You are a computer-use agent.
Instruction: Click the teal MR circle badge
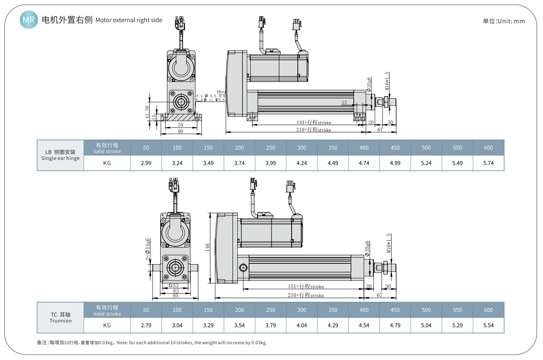pyautogui.click(x=29, y=20)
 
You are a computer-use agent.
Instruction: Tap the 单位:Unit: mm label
pyautogui.click(x=504, y=21)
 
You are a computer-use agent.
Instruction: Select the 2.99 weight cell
pyautogui.click(x=146, y=163)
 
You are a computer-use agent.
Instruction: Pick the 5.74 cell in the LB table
pyautogui.click(x=488, y=163)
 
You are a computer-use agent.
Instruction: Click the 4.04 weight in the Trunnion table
pyautogui.click(x=302, y=325)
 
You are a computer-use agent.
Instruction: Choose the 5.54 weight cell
pyautogui.click(x=488, y=325)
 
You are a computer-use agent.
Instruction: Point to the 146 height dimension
pyautogui.click(x=207, y=247)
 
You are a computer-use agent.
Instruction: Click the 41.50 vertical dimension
pyautogui.click(x=147, y=112)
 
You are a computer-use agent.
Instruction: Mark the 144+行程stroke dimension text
pyautogui.click(x=314, y=122)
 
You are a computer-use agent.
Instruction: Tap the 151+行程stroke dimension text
pyautogui.click(x=306, y=286)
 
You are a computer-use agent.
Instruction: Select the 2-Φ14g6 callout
pyautogui.click(x=148, y=249)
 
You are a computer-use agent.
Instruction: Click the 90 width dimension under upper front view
pyautogui.click(x=180, y=131)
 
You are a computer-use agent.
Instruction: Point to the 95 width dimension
pyautogui.click(x=175, y=295)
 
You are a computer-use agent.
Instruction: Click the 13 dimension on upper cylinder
pyautogui.click(x=344, y=102)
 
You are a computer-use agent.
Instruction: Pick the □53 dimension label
pyautogui.click(x=174, y=285)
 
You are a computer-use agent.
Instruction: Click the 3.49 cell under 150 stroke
pyautogui.click(x=208, y=163)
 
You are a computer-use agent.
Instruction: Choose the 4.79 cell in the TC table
pyautogui.click(x=395, y=325)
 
